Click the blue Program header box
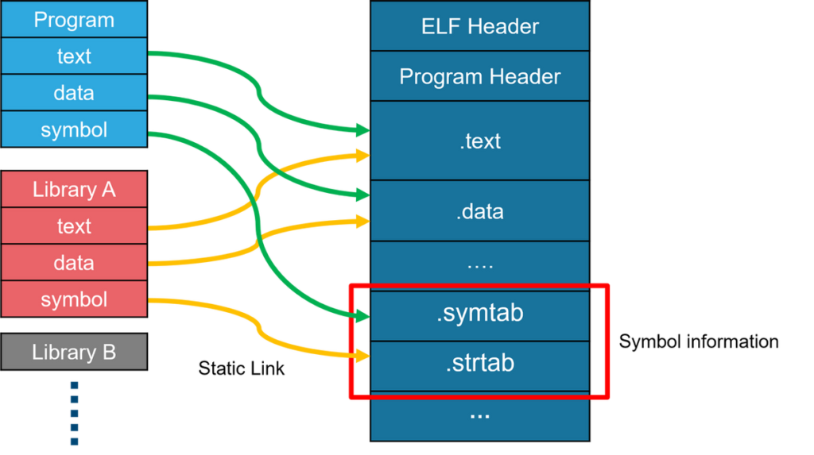click(x=74, y=20)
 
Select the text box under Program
click(x=74, y=56)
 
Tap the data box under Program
click(x=74, y=93)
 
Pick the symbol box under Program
click(x=74, y=129)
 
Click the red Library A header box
click(x=74, y=190)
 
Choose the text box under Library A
click(x=74, y=226)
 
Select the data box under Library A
click(x=74, y=263)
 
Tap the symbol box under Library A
click(x=74, y=299)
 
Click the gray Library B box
click(x=74, y=352)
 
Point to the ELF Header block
click(x=479, y=26)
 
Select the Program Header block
click(x=479, y=76)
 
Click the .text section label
click(x=479, y=141)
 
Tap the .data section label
click(x=479, y=212)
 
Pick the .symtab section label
click(x=479, y=313)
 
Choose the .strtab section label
click(x=479, y=363)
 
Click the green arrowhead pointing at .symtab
click(x=362, y=317)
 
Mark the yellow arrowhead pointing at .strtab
click(x=362, y=356)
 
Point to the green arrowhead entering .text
click(x=362, y=129)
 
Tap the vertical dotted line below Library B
click(x=74, y=413)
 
